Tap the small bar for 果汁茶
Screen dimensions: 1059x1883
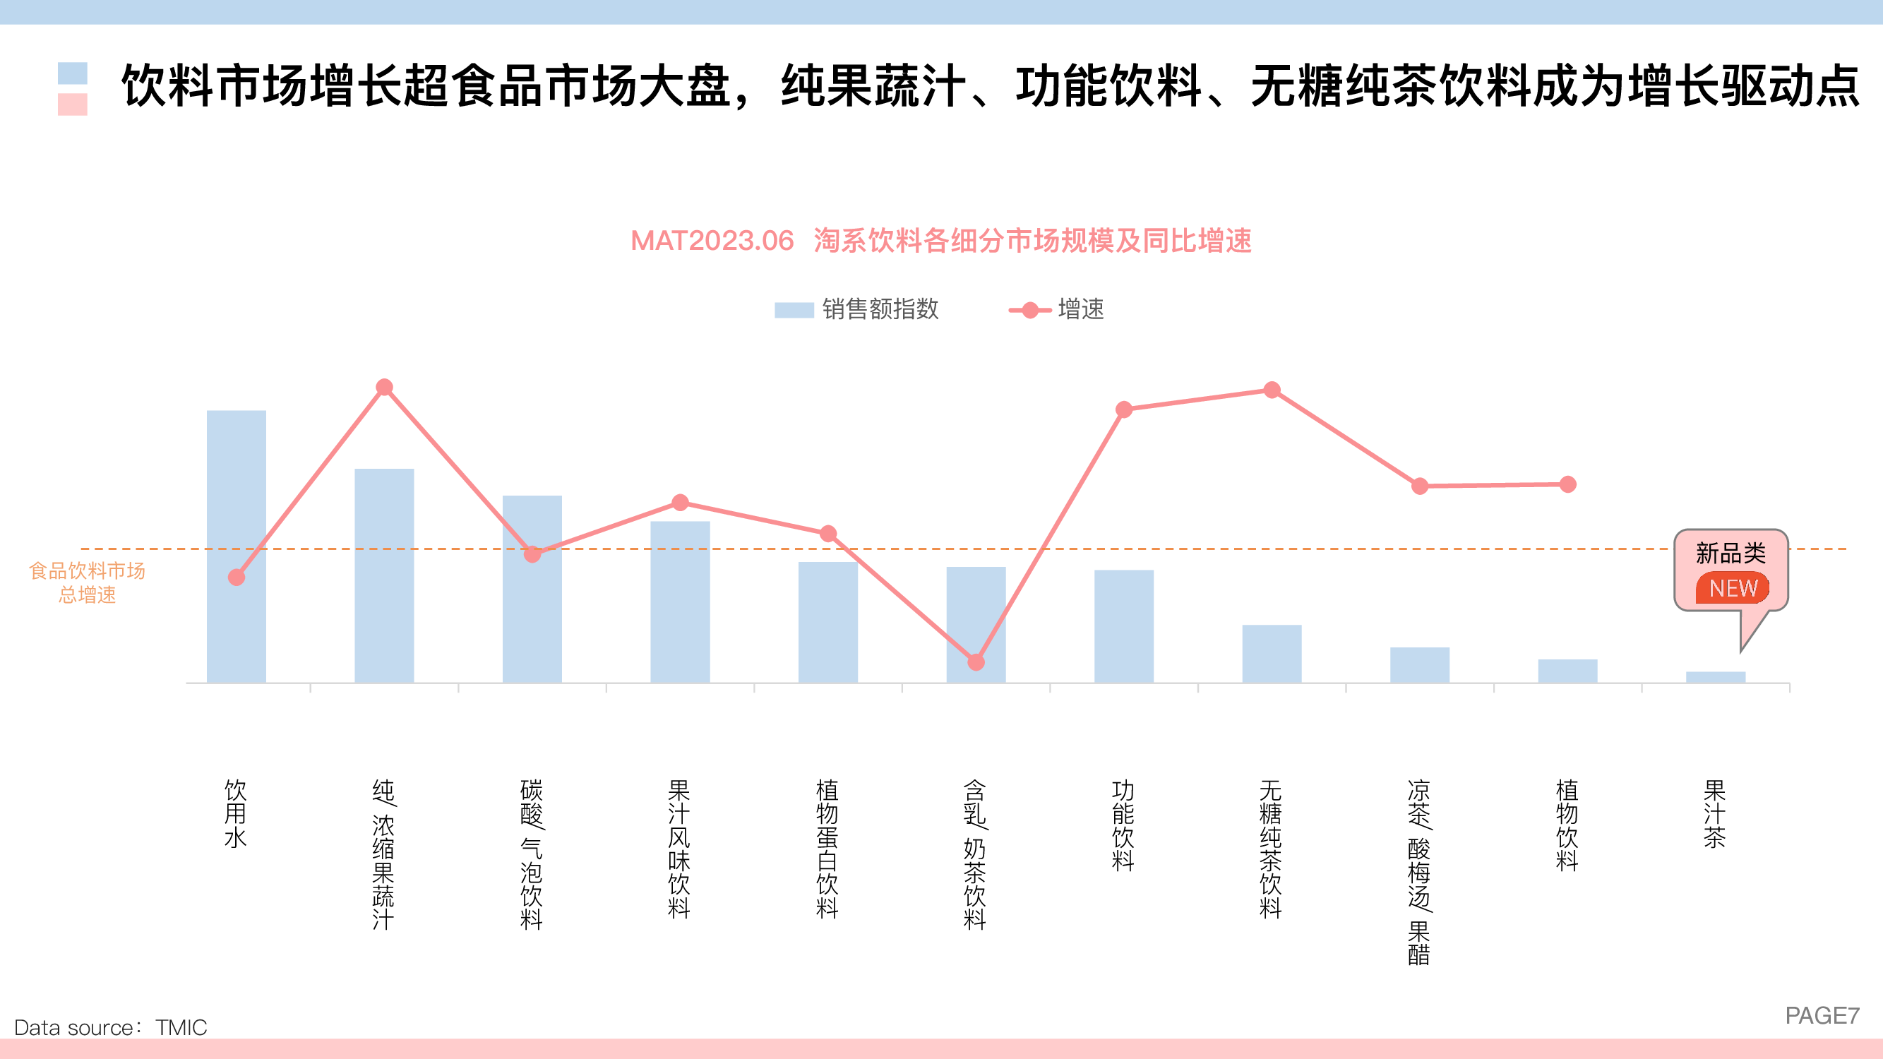1715,677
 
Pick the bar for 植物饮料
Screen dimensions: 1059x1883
1567,670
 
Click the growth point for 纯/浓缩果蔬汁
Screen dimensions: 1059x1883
385,388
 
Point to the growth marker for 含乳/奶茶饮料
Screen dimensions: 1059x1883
976,662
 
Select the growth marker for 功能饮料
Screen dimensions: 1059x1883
1123,409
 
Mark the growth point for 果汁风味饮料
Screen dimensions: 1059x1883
680,503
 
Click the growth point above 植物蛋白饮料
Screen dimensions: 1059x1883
828,534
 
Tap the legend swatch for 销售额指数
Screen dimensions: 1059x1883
794,310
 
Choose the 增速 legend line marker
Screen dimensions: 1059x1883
1030,310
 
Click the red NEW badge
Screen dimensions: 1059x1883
1733,587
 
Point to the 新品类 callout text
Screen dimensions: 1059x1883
1730,554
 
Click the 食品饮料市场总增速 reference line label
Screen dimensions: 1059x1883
87,582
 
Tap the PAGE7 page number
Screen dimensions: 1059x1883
1822,1015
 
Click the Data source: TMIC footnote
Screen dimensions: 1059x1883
110,1027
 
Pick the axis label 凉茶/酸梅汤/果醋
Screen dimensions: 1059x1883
1419,871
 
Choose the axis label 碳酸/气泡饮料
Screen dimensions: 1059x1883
532,854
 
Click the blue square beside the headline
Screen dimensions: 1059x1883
72,73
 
